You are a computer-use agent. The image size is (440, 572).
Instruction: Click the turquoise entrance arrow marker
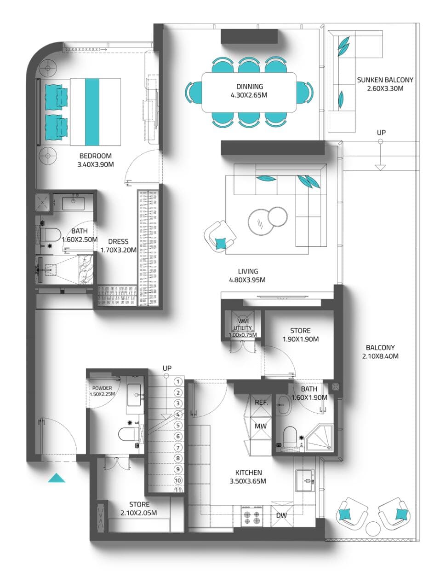(57, 478)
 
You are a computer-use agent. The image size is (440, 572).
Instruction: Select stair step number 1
(177, 382)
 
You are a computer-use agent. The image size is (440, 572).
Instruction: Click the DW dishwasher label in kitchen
(281, 515)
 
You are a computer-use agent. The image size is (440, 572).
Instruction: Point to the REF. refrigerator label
(261, 402)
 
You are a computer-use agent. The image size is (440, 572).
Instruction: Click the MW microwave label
(261, 426)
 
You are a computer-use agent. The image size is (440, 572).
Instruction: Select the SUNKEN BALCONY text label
(385, 80)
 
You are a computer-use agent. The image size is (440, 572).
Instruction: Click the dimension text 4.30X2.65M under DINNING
(249, 95)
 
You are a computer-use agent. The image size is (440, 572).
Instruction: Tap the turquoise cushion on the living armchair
(221, 242)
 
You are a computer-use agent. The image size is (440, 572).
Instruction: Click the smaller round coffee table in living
(277, 217)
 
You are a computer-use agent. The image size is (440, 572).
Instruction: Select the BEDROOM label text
(96, 156)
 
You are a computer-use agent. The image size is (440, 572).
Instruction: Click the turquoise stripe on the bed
(92, 111)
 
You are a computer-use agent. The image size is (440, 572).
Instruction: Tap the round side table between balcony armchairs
(373, 528)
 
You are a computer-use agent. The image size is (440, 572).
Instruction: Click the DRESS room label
(118, 241)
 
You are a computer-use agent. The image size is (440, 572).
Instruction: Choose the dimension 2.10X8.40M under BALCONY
(380, 356)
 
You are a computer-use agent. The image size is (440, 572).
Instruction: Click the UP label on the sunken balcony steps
(381, 132)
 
